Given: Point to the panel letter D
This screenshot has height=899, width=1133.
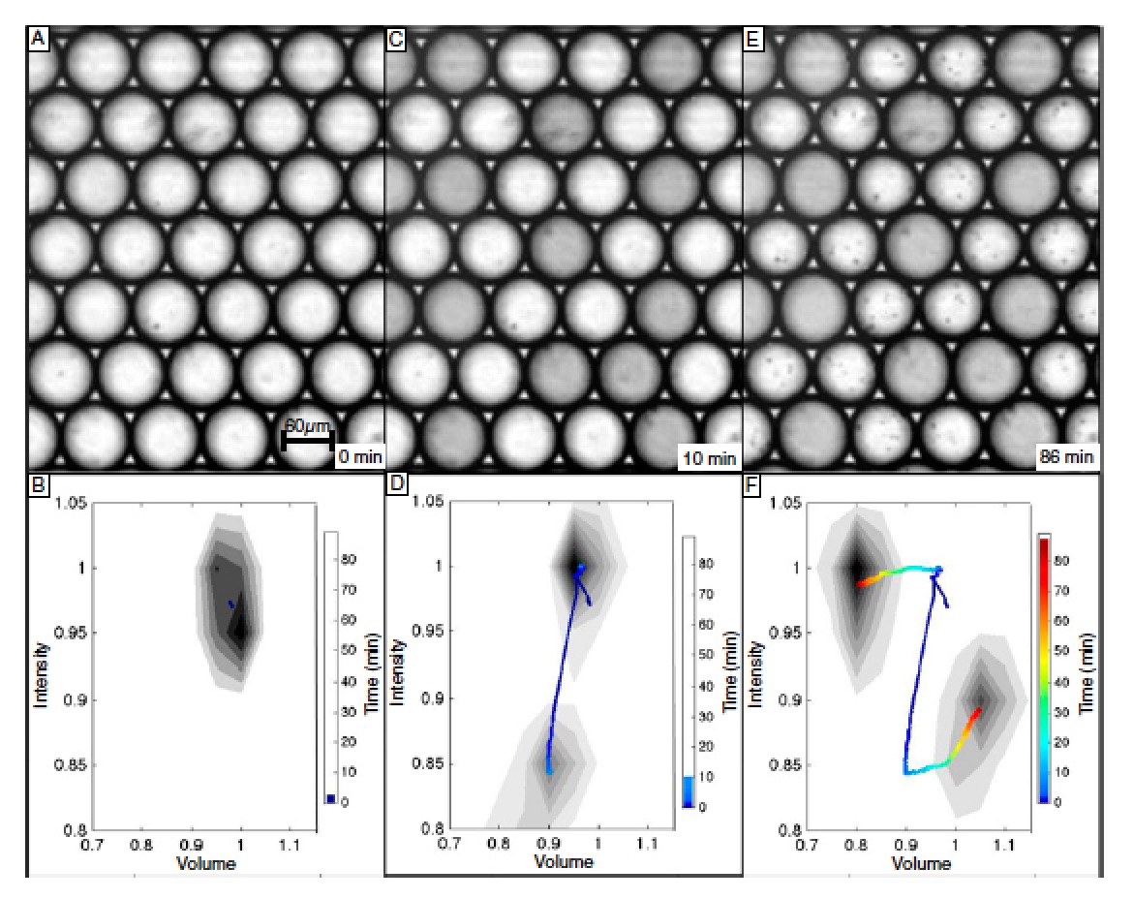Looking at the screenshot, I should point(395,484).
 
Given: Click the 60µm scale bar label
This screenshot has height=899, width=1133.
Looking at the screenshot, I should point(305,427).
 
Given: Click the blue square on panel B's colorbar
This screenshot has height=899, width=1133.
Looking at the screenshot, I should point(330,798).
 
